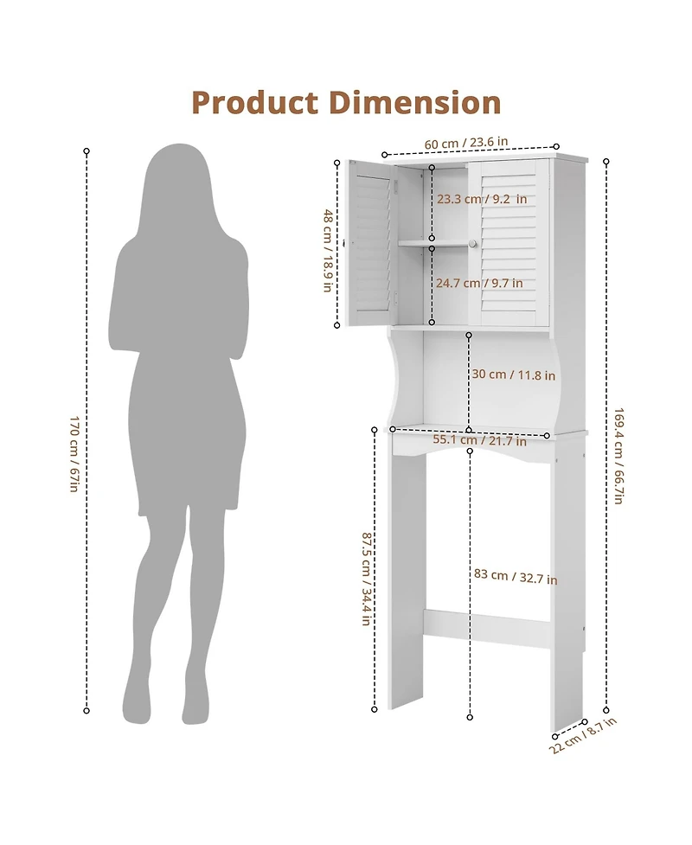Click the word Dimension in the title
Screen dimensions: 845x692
click(x=413, y=103)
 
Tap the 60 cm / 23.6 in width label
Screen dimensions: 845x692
click(x=465, y=143)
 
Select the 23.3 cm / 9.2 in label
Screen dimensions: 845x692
click(x=481, y=199)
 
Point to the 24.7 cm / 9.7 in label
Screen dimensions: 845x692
click(x=479, y=283)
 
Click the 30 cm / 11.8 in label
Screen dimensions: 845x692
click(x=513, y=374)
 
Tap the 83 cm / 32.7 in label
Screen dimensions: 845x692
click(x=516, y=577)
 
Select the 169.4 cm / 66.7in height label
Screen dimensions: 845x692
click(x=619, y=456)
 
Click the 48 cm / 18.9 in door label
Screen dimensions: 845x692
click(x=328, y=250)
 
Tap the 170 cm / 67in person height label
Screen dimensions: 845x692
click(x=74, y=454)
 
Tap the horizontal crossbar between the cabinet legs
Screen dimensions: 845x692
click(x=487, y=628)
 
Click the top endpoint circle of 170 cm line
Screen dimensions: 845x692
click(x=86, y=151)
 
